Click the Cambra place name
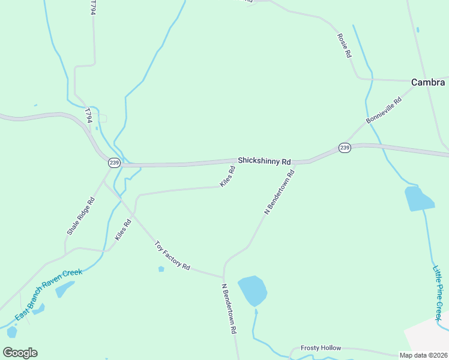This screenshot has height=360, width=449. pyautogui.click(x=428, y=83)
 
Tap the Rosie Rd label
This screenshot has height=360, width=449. pyautogui.click(x=344, y=45)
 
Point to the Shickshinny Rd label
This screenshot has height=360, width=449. pyautogui.click(x=264, y=161)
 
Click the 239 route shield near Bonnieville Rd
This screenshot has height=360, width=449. pyautogui.click(x=344, y=148)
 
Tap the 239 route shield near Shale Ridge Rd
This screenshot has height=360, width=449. pyautogui.click(x=114, y=163)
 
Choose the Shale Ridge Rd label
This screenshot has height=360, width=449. pyautogui.click(x=81, y=216)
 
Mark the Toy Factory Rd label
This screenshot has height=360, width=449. pyautogui.click(x=172, y=256)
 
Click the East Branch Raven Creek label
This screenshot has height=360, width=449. pyautogui.click(x=48, y=294)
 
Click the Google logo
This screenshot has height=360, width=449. pyautogui.click(x=20, y=352)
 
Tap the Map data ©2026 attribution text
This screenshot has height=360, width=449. pyautogui.click(x=423, y=355)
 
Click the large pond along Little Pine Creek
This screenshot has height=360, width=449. pyautogui.click(x=419, y=199)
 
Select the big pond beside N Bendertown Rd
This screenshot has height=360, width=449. pyautogui.click(x=252, y=290)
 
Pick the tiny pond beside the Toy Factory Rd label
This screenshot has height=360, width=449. pyautogui.click(x=161, y=269)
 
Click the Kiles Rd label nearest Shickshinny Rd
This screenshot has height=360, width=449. pyautogui.click(x=228, y=176)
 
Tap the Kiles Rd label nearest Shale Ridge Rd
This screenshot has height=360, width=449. pyautogui.click(x=123, y=231)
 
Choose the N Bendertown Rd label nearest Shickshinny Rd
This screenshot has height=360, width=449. pyautogui.click(x=280, y=193)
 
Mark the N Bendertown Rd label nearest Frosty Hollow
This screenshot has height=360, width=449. pyautogui.click(x=229, y=309)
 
